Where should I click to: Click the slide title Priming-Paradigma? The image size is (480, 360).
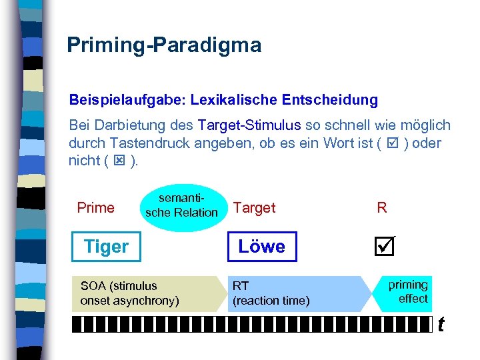coord(164,45)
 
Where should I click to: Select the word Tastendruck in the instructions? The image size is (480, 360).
coord(148,143)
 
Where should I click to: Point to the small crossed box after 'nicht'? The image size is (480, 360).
coord(119,161)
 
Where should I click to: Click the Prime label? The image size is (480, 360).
coord(96,207)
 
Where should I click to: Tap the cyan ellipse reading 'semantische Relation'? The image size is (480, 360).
coord(181,206)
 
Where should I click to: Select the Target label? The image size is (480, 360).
coord(254,208)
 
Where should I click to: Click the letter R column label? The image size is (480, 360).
coord(382,208)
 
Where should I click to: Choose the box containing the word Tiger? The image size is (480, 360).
coord(107,247)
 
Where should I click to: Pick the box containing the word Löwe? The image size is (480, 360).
coord(261,247)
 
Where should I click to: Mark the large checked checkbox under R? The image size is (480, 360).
coord(385,247)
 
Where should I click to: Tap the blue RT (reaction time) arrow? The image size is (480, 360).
coord(300,293)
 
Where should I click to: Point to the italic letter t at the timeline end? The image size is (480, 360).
coord(441,325)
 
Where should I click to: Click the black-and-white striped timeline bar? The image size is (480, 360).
coord(253,325)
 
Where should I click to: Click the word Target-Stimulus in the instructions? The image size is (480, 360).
coord(249,125)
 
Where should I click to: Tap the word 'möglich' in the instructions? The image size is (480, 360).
coord(427,125)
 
